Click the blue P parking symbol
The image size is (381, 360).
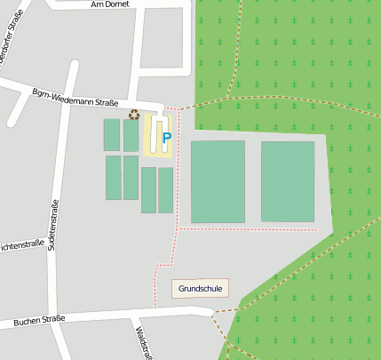(x=166, y=138)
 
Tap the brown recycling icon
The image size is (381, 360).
(x=134, y=114)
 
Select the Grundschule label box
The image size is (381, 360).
(x=200, y=288)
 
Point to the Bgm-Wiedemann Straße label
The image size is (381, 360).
(x=75, y=97)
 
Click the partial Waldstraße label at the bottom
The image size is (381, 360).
(x=139, y=342)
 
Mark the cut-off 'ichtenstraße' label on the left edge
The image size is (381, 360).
(x=21, y=245)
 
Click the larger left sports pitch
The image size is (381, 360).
(x=218, y=181)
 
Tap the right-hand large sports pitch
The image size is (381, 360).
(x=288, y=181)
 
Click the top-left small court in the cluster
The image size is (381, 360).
(x=111, y=135)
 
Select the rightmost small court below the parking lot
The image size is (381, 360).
(x=165, y=190)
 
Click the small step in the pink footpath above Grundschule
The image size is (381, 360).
(x=165, y=265)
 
